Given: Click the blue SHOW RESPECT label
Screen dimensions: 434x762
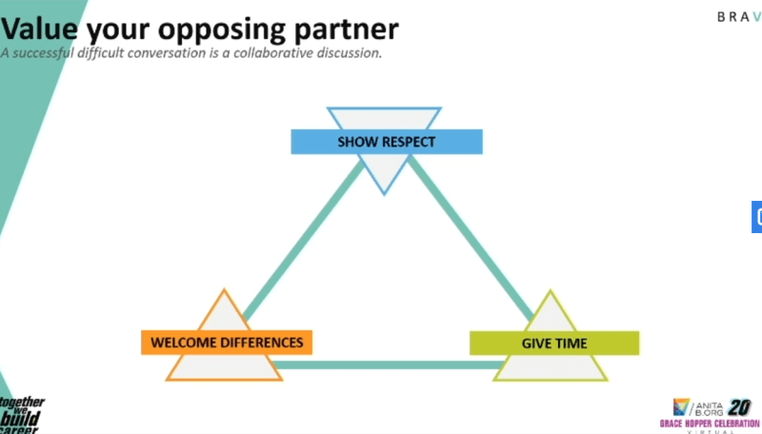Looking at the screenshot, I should tap(386, 142).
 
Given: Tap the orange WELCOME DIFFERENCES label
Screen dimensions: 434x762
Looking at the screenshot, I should tap(226, 342).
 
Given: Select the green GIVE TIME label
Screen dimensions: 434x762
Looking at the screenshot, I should tap(553, 343).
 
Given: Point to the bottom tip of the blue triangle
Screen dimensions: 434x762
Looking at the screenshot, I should tap(384, 193).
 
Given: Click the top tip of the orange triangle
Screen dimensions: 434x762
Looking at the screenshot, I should tap(223, 289).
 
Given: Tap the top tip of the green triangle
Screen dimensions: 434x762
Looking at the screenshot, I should tap(551, 291).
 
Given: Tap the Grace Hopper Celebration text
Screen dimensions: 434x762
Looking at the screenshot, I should tap(710, 421).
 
